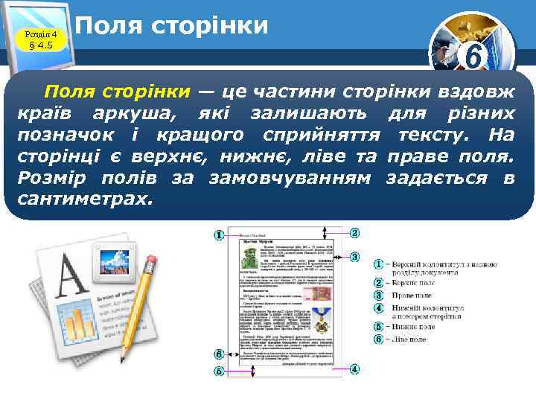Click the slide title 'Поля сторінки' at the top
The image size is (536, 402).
[x=172, y=26]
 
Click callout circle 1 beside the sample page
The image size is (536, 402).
[x=220, y=236]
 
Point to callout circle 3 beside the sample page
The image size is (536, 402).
[x=355, y=256]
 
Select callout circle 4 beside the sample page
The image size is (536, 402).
[x=355, y=369]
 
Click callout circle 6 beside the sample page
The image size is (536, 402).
[x=220, y=354]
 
